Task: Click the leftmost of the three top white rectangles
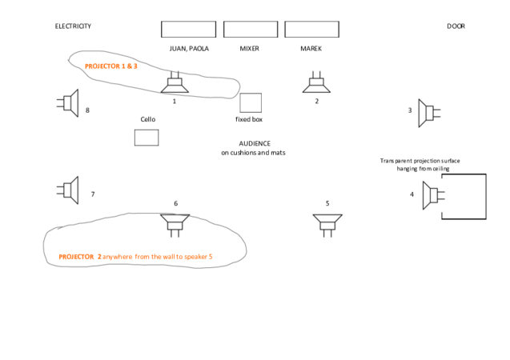pyautogui.click(x=188, y=30)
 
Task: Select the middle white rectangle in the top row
pyautogui.click(x=250, y=30)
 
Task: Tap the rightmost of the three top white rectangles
pyautogui.click(x=311, y=30)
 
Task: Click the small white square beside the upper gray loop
pyautogui.click(x=250, y=102)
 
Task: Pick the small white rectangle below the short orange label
pyautogui.click(x=146, y=137)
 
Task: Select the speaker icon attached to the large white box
pyautogui.click(x=432, y=195)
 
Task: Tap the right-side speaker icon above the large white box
pyautogui.click(x=428, y=112)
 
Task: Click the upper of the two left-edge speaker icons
pyautogui.click(x=68, y=103)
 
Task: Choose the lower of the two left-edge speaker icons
pyautogui.click(x=68, y=190)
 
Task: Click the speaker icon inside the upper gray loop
pyautogui.click(x=175, y=82)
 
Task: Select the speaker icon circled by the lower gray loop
pyautogui.click(x=175, y=226)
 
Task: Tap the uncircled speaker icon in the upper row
pyautogui.click(x=315, y=82)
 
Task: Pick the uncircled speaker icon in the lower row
pyautogui.click(x=327, y=225)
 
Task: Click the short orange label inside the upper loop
pyautogui.click(x=110, y=66)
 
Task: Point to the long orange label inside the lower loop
pyautogui.click(x=135, y=257)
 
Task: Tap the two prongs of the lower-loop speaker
pyautogui.click(x=175, y=234)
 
